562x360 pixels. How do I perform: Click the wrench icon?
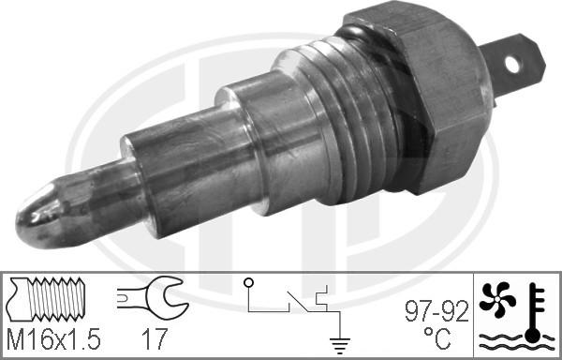point(149,300)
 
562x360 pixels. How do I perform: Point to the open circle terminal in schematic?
point(248,282)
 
